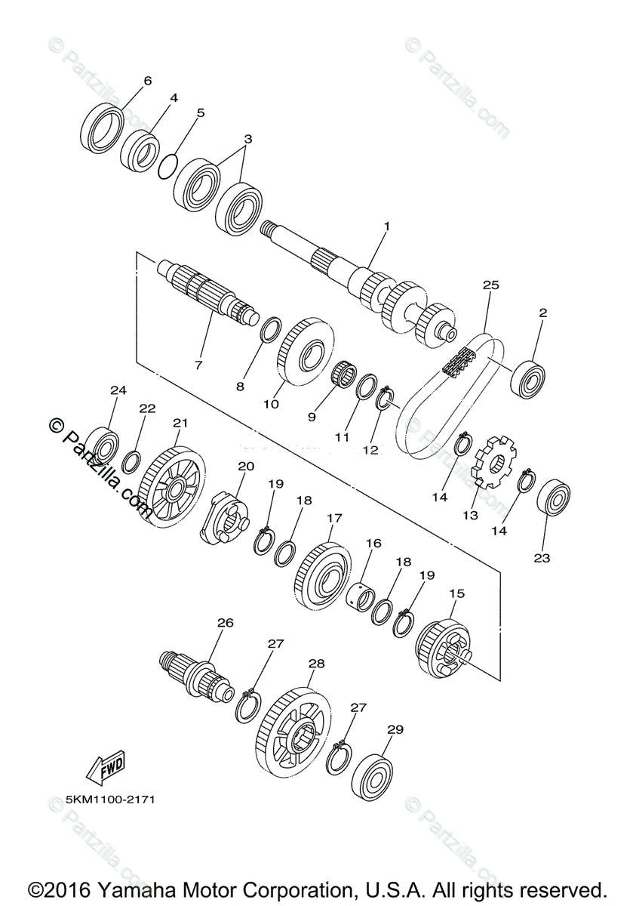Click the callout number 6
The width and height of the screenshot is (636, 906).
click(x=147, y=81)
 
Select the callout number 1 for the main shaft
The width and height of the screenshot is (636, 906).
click(x=387, y=226)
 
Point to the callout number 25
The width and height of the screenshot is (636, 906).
click(x=491, y=285)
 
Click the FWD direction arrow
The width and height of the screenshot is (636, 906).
click(x=105, y=766)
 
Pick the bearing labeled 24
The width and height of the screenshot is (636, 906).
click(x=101, y=446)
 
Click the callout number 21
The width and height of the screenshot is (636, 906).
click(x=180, y=423)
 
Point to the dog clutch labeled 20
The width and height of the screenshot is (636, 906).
click(x=224, y=517)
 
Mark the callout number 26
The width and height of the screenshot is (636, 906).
click(x=225, y=623)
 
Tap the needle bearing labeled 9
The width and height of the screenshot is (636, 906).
click(x=346, y=372)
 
